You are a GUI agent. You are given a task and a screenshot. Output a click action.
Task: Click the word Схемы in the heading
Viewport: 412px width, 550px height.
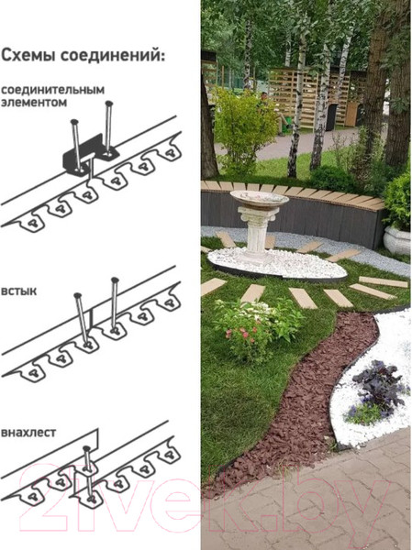click(28, 56)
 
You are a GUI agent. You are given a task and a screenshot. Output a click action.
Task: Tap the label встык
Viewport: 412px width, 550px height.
click(19, 291)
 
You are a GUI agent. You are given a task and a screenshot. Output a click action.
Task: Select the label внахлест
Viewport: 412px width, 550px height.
click(28, 433)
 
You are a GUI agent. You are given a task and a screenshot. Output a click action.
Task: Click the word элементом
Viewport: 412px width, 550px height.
click(34, 103)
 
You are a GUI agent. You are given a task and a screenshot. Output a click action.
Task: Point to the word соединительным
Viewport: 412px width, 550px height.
click(52, 90)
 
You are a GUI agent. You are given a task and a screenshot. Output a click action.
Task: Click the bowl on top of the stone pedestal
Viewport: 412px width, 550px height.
click(259, 199)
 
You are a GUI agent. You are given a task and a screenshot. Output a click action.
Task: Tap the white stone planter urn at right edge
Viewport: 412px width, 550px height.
click(397, 239)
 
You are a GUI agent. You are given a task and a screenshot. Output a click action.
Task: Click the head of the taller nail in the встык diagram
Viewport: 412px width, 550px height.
click(115, 280)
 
